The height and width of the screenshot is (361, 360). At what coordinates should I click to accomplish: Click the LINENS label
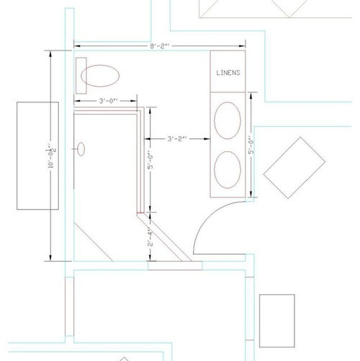(x=228, y=73)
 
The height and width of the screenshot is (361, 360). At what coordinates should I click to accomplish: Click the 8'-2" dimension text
(x=160, y=46)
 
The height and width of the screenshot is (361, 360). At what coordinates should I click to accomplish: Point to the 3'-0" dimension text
(x=109, y=101)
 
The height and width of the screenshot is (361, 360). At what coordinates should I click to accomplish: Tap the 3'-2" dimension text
(x=177, y=139)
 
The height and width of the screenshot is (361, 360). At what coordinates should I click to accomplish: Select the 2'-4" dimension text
(x=150, y=239)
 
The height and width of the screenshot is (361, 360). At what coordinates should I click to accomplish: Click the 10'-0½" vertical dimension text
(x=51, y=156)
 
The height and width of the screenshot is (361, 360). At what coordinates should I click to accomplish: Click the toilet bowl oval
(x=100, y=76)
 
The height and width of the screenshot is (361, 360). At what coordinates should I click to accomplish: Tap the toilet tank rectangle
(x=81, y=76)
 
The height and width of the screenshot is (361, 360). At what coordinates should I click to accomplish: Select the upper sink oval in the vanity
(x=228, y=120)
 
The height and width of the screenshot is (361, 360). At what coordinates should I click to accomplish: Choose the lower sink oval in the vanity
(x=228, y=170)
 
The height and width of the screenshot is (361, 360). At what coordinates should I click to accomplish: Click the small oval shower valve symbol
(x=81, y=149)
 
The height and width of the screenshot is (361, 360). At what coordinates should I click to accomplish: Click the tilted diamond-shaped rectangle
(x=294, y=168)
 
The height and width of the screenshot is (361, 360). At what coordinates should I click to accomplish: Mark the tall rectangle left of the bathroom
(x=37, y=156)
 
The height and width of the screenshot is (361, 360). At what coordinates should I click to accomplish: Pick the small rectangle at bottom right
(x=277, y=321)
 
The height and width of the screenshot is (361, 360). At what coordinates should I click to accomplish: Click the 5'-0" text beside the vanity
(x=251, y=146)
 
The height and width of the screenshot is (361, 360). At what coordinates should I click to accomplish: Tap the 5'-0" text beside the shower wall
(x=150, y=160)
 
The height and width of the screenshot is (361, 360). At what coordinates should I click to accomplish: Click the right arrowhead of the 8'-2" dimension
(x=242, y=46)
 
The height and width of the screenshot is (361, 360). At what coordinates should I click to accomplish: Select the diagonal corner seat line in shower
(x=94, y=242)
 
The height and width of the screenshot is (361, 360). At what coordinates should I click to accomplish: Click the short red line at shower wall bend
(x=140, y=213)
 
